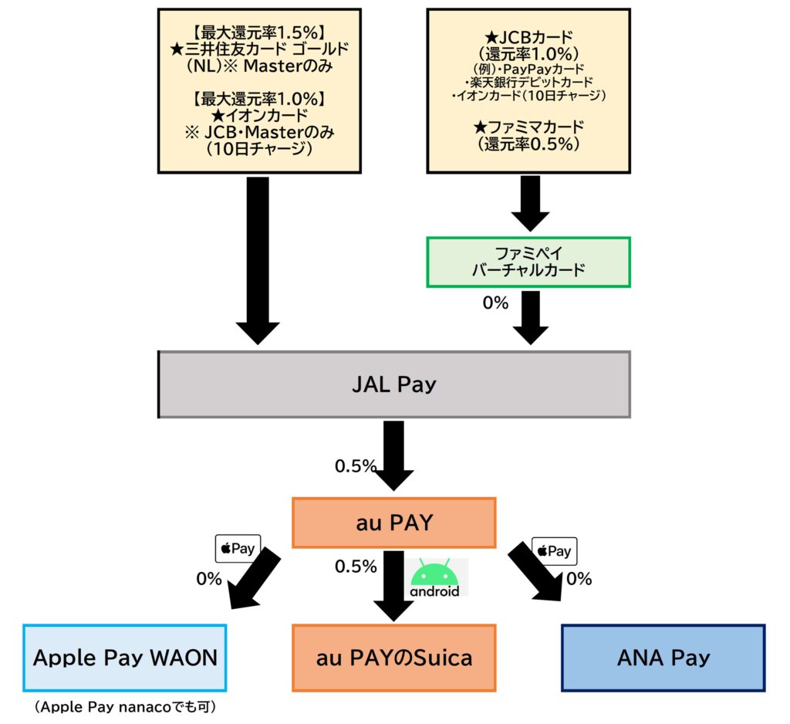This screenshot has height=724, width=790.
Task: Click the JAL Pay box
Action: click(393, 384)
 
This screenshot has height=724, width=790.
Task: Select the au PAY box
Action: click(393, 523)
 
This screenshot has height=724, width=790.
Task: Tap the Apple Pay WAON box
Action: click(125, 658)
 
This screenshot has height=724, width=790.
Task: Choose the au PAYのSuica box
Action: click(393, 658)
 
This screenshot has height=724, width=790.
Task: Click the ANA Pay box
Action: click(663, 658)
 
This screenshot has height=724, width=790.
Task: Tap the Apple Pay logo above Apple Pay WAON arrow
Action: click(238, 549)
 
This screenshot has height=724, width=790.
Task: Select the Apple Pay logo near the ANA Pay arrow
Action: click(554, 551)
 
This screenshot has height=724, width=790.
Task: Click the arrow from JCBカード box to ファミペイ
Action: click(529, 202)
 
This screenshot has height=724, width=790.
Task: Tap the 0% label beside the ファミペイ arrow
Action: click(495, 303)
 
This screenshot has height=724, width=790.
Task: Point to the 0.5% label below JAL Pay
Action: click(355, 466)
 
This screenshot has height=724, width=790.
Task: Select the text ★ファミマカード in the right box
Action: click(528, 127)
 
